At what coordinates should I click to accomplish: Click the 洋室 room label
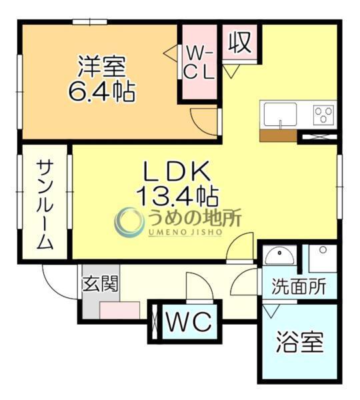[x=101, y=67]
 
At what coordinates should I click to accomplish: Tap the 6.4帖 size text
[x=101, y=91]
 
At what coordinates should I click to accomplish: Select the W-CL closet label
[x=199, y=62]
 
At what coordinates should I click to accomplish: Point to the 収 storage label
[x=239, y=43]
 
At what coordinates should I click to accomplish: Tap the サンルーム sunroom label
[x=45, y=205]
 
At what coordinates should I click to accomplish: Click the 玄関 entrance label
[x=101, y=285]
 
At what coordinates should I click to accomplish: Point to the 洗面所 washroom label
[x=299, y=287]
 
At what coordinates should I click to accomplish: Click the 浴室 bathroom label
[x=299, y=343]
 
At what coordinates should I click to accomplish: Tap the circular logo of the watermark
[x=129, y=222]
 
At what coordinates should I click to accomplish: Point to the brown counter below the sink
[x=278, y=135]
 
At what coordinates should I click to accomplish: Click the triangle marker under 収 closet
[x=231, y=71]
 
